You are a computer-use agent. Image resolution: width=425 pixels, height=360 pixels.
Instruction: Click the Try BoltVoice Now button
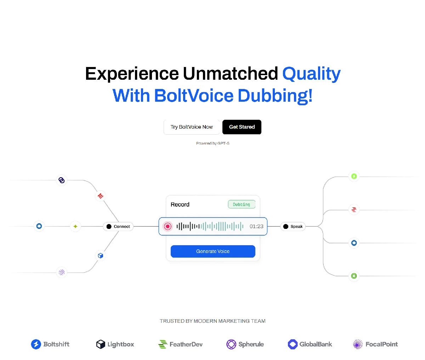tap(192, 127)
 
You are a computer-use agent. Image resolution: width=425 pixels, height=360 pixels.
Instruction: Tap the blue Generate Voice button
tap(213, 251)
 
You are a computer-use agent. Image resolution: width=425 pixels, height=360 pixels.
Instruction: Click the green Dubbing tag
tap(242, 204)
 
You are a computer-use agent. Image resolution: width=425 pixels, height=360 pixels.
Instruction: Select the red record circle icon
tap(168, 226)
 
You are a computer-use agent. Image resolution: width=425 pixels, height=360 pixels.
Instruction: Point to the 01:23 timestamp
tap(256, 226)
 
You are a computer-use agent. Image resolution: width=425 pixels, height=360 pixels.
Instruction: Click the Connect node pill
tap(118, 226)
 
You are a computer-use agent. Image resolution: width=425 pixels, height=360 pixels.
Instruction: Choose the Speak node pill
tap(293, 226)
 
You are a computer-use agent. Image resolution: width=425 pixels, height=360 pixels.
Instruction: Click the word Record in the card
tap(180, 204)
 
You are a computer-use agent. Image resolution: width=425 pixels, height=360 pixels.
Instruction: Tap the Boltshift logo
tap(50, 344)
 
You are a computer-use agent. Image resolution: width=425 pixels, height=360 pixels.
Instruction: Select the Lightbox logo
tap(115, 344)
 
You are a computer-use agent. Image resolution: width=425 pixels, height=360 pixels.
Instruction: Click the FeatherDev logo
tap(180, 344)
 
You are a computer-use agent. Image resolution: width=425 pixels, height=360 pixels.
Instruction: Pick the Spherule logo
tap(245, 344)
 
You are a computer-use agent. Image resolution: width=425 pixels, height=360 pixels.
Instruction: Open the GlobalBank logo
tap(310, 344)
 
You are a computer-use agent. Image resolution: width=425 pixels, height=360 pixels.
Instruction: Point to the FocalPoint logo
tap(375, 344)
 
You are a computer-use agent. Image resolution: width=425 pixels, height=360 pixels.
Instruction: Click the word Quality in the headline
tap(311, 74)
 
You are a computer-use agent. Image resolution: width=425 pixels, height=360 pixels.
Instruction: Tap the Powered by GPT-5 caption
tap(212, 144)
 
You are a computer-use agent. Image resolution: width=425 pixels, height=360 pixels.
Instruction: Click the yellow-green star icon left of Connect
tap(75, 226)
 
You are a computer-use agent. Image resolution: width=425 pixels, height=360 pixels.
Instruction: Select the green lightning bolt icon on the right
tap(354, 176)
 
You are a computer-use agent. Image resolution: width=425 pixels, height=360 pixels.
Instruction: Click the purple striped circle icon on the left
tap(62, 272)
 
